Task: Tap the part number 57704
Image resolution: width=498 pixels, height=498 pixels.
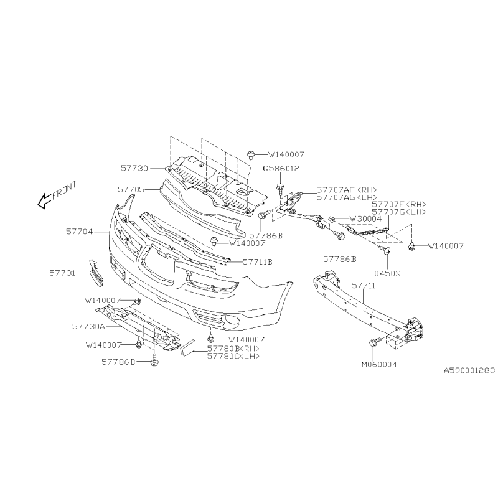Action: (80, 232)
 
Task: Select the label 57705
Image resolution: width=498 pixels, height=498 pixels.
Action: (131, 190)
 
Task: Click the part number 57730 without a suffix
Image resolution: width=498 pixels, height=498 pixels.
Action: (134, 168)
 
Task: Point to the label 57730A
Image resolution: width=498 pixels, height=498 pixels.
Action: (88, 326)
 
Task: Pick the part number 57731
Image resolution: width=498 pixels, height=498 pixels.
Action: (62, 273)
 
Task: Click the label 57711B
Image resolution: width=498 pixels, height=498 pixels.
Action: (258, 262)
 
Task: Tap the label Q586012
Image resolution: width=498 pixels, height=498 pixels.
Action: (281, 168)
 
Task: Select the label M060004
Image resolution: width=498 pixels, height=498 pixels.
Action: (379, 364)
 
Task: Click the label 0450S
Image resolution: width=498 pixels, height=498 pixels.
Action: (387, 273)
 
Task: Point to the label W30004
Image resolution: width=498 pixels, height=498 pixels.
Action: (365, 219)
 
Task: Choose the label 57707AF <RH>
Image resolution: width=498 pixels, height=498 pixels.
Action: (347, 190)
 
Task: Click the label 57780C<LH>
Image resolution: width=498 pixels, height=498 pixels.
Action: (233, 356)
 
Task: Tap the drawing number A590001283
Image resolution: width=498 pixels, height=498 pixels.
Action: (469, 370)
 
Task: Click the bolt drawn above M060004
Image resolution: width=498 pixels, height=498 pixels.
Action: (374, 343)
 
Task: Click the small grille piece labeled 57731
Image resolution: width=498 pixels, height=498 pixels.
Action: (96, 273)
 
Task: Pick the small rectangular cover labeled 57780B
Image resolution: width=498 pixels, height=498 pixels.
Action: (189, 347)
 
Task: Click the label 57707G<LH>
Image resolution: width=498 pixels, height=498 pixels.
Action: (399, 212)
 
